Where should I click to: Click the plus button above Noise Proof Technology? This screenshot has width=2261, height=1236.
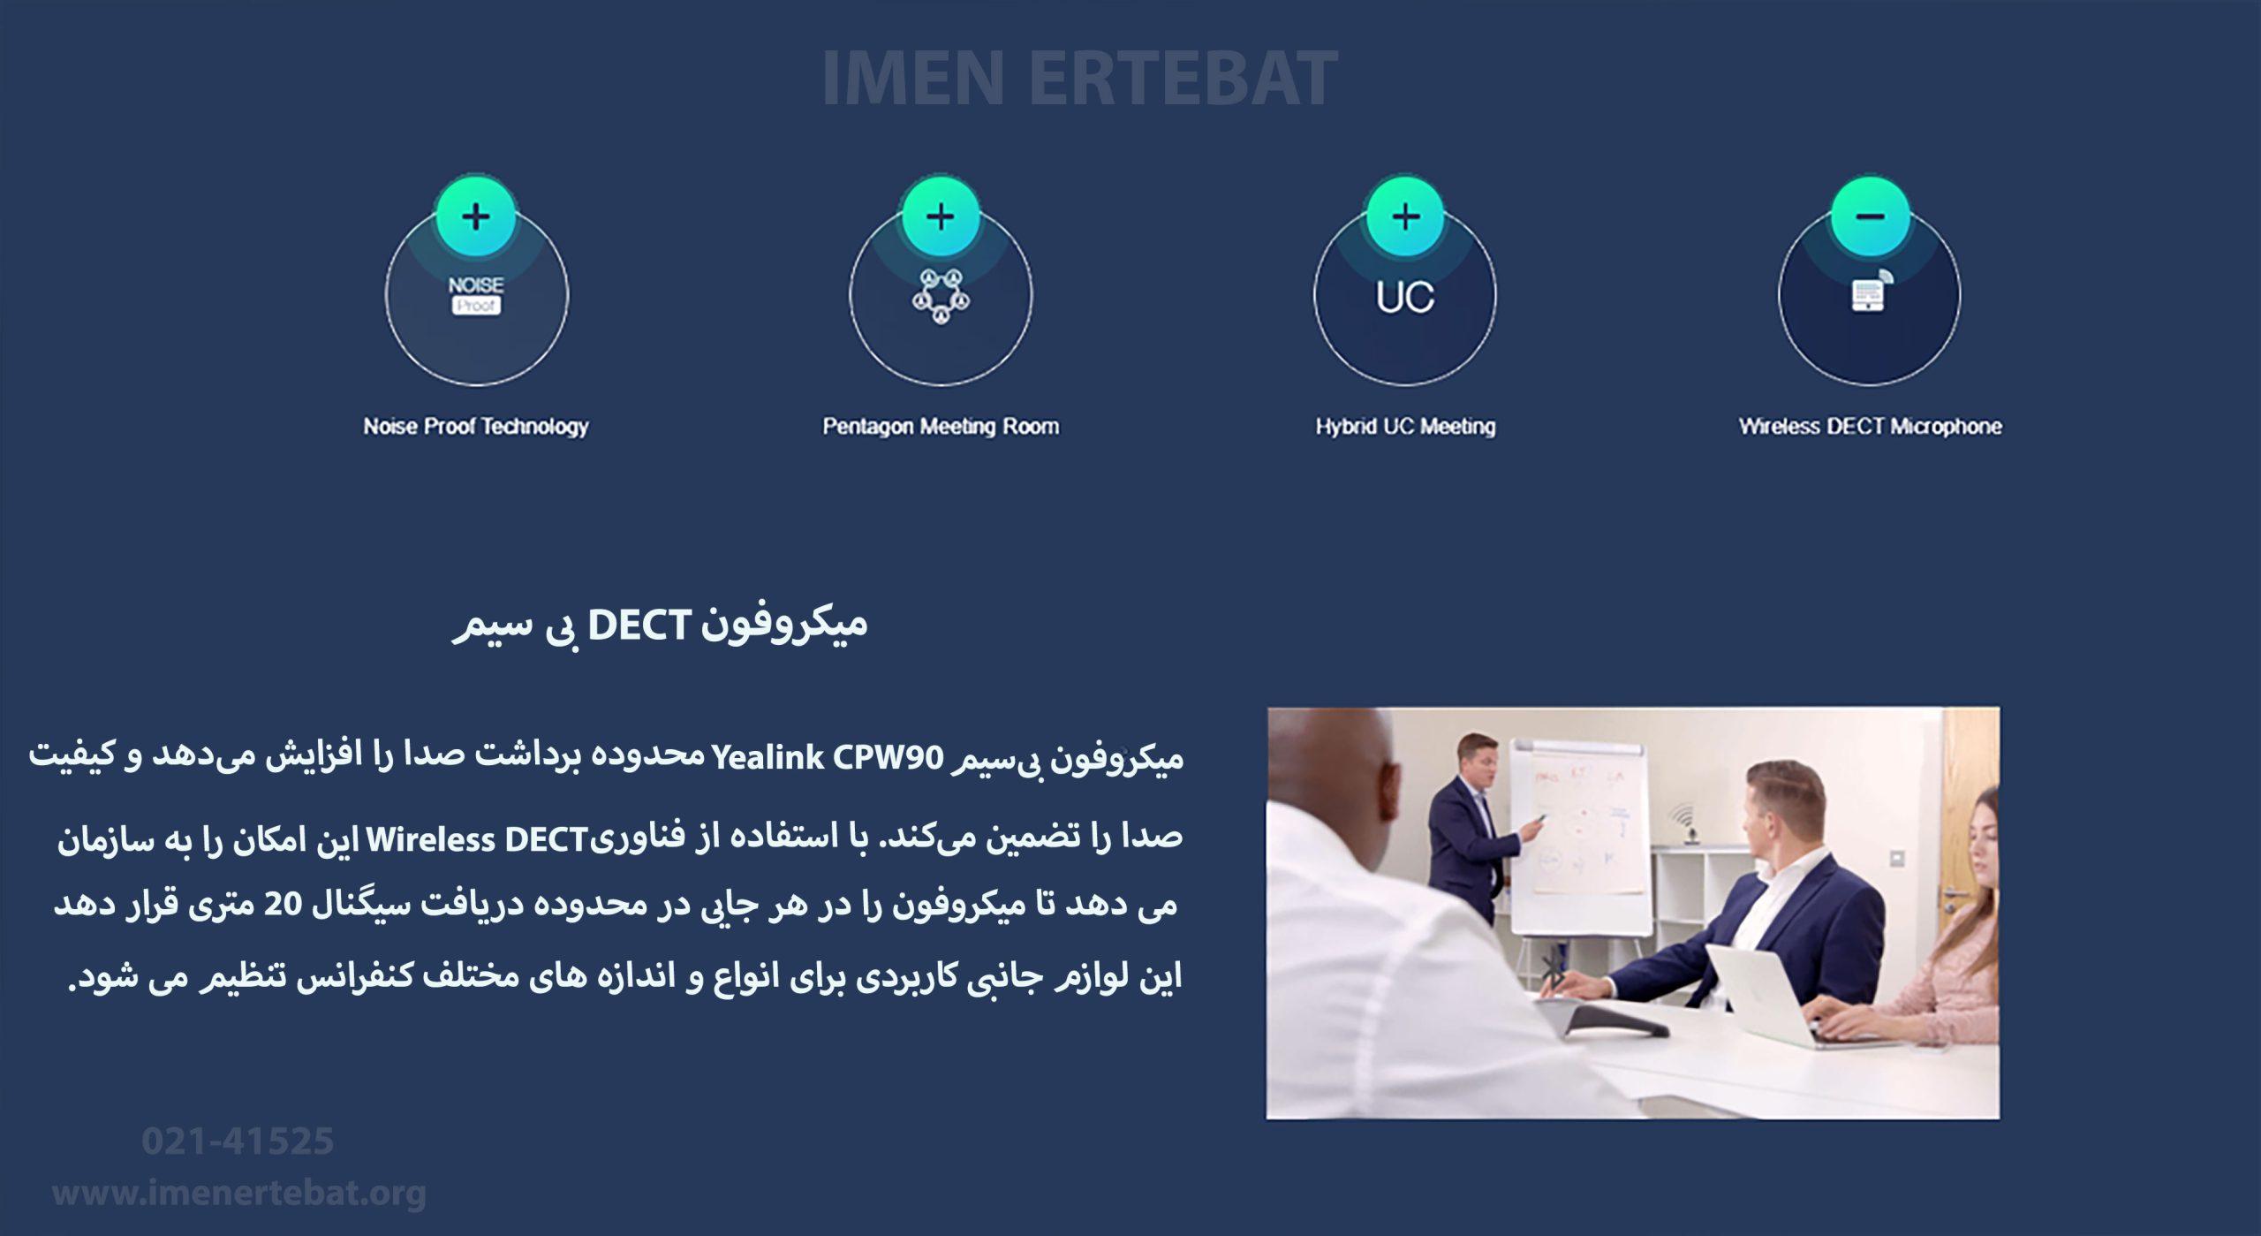click(x=476, y=216)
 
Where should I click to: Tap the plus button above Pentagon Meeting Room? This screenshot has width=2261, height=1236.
click(x=941, y=216)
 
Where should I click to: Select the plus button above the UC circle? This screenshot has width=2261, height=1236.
click(x=1405, y=216)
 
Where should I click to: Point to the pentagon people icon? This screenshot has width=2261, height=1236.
click(x=941, y=296)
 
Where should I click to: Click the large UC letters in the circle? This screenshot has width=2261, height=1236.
click(x=1405, y=297)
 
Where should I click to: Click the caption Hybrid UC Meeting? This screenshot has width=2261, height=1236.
click(x=1405, y=427)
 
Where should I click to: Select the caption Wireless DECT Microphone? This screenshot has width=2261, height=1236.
click(x=1871, y=427)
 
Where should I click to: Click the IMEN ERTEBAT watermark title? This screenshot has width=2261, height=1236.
click(x=1079, y=79)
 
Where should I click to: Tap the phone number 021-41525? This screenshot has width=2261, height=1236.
click(x=238, y=1141)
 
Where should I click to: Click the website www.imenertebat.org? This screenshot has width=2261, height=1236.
click(x=239, y=1193)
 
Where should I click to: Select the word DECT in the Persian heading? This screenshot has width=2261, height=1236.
click(x=638, y=626)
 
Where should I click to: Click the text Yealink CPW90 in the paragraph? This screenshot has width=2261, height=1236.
click(x=828, y=758)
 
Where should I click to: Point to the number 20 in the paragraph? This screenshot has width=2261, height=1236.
click(x=284, y=905)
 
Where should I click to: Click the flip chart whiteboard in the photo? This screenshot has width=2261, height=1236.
click(x=1578, y=835)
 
